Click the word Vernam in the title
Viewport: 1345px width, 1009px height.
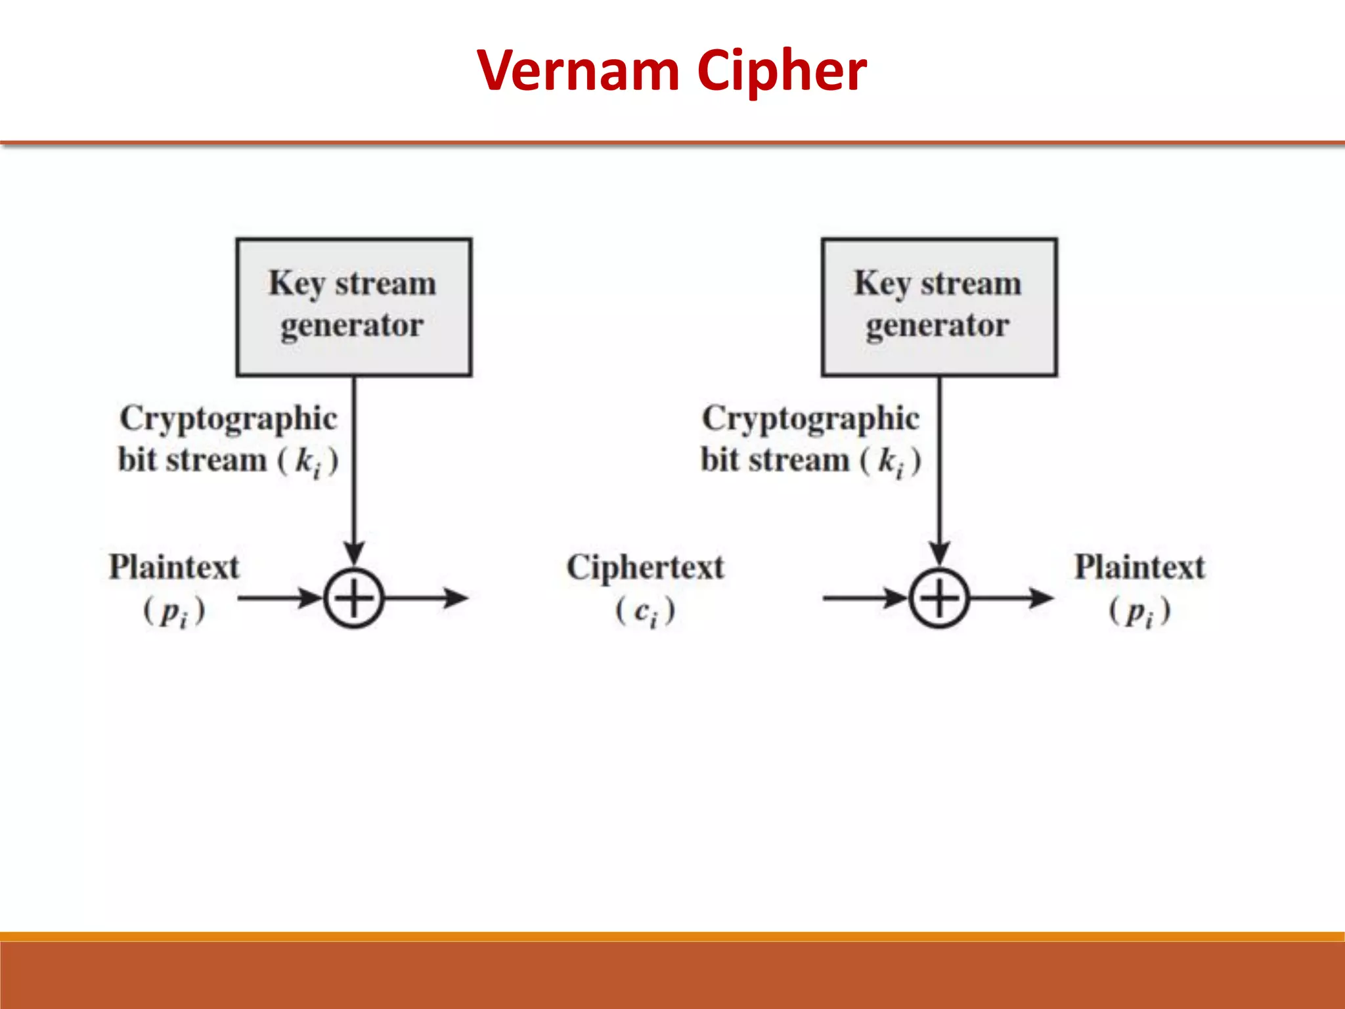578,70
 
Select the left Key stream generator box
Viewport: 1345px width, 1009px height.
353,307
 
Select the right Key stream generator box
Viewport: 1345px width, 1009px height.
938,307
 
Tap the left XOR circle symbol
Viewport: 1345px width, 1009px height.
353,598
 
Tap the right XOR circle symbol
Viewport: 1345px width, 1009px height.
938,598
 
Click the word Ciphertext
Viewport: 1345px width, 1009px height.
645,567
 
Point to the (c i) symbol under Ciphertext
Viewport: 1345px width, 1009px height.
645,612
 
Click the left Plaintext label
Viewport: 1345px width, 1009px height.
174,567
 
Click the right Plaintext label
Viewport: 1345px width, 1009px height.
1139,567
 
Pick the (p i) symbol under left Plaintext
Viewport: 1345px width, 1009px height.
174,612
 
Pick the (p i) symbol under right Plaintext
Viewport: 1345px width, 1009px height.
1139,612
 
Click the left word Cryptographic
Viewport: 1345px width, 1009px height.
229,419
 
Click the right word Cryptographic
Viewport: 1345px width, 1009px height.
811,419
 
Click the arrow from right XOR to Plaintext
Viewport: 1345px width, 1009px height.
1011,598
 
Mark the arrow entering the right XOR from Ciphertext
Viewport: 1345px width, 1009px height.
864,598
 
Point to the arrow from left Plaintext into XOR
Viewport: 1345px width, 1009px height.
279,598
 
